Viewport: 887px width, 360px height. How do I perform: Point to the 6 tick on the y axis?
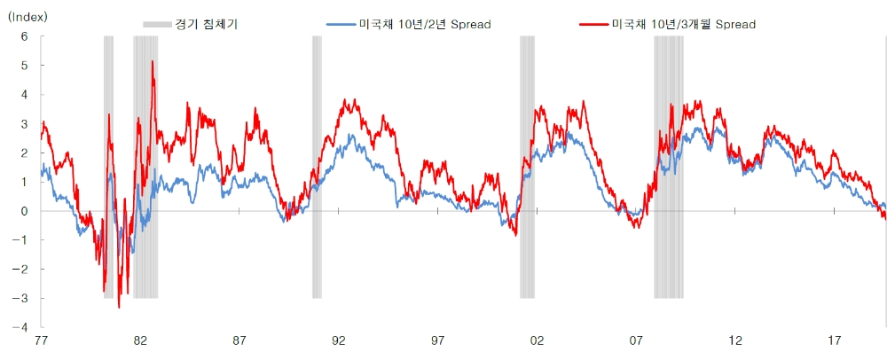[x=25, y=36]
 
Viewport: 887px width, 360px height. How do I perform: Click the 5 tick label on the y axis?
[x=25, y=66]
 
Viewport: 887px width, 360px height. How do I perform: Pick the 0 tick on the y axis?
[x=25, y=211]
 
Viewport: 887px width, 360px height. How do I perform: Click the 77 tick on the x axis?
[x=39, y=341]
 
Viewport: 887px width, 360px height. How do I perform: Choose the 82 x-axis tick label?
[x=139, y=341]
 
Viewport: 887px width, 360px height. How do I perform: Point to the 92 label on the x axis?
[x=338, y=341]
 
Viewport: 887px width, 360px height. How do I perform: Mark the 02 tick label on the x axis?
[x=537, y=341]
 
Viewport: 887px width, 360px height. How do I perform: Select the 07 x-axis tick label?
[x=636, y=341]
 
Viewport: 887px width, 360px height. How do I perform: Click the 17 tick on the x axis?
[x=835, y=341]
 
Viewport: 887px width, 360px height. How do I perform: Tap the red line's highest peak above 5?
[x=153, y=61]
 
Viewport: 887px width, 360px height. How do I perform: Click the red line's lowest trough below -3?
[x=119, y=307]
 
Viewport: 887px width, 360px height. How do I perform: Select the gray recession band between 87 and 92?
[x=317, y=168]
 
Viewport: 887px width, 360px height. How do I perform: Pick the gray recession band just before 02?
[x=527, y=168]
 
